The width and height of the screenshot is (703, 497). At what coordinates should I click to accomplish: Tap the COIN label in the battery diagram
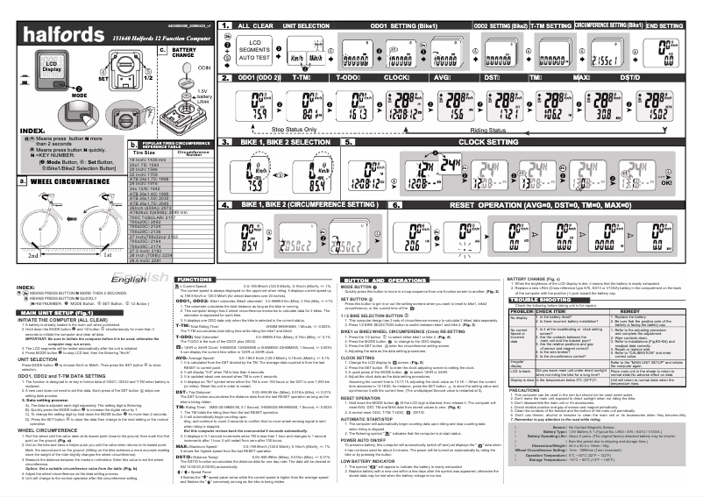(203, 67)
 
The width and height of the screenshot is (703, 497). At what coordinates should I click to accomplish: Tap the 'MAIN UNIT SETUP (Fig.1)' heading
(54, 311)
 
